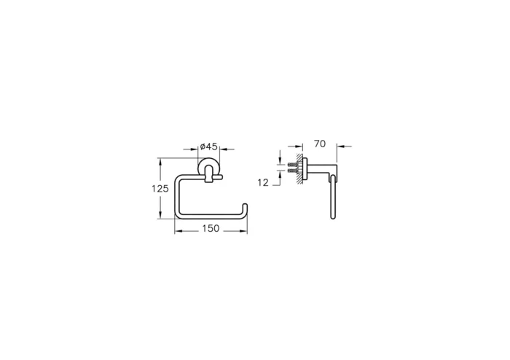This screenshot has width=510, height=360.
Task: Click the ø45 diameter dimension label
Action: click(x=210, y=146)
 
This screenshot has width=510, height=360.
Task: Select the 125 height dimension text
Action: click(x=160, y=189)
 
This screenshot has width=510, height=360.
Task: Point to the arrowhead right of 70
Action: click(x=337, y=147)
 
